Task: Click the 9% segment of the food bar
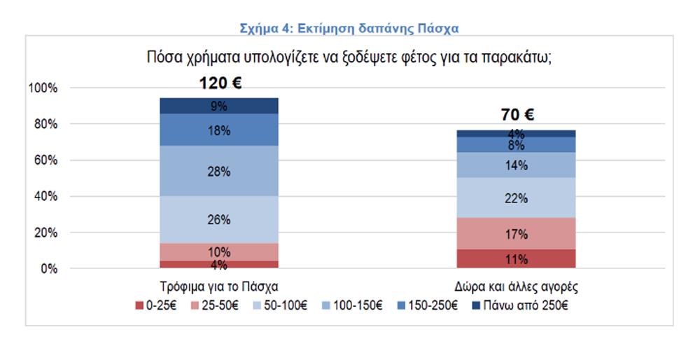(219, 106)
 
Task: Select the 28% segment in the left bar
(219, 171)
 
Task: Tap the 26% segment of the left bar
(219, 219)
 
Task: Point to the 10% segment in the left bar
(219, 252)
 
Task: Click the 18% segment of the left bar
(219, 130)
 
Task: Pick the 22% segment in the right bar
(517, 198)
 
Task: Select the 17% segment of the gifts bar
(517, 233)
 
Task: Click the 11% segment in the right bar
(517, 259)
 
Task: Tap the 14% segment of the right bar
(517, 165)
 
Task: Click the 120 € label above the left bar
(219, 83)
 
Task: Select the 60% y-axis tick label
(45, 160)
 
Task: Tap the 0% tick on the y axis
(48, 269)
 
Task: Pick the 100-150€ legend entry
(356, 305)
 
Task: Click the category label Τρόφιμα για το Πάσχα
(218, 286)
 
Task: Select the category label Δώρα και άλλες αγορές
(517, 286)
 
